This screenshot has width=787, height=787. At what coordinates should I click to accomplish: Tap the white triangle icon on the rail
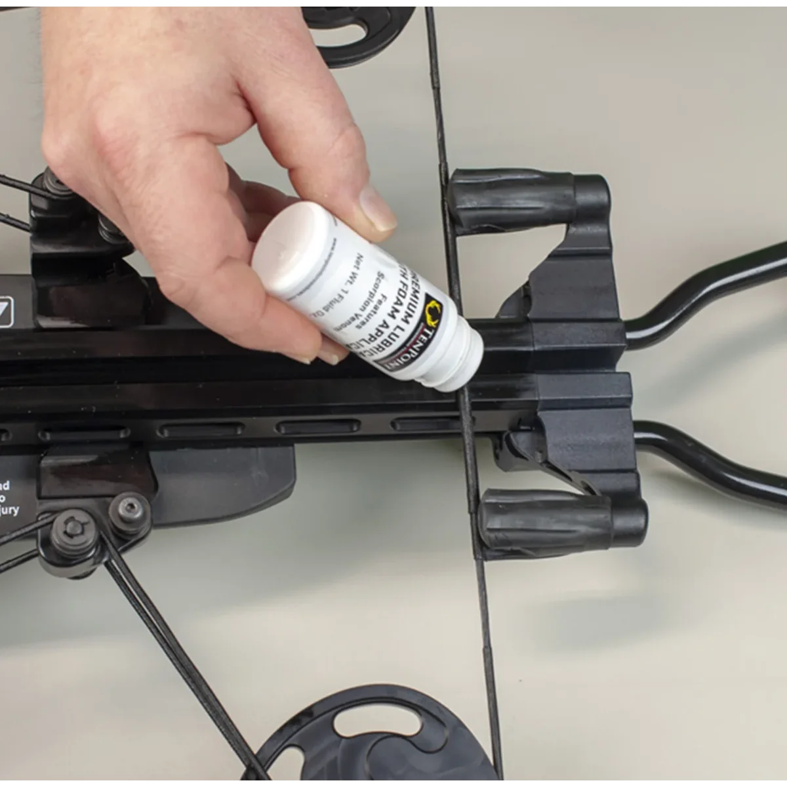point(6,308)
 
